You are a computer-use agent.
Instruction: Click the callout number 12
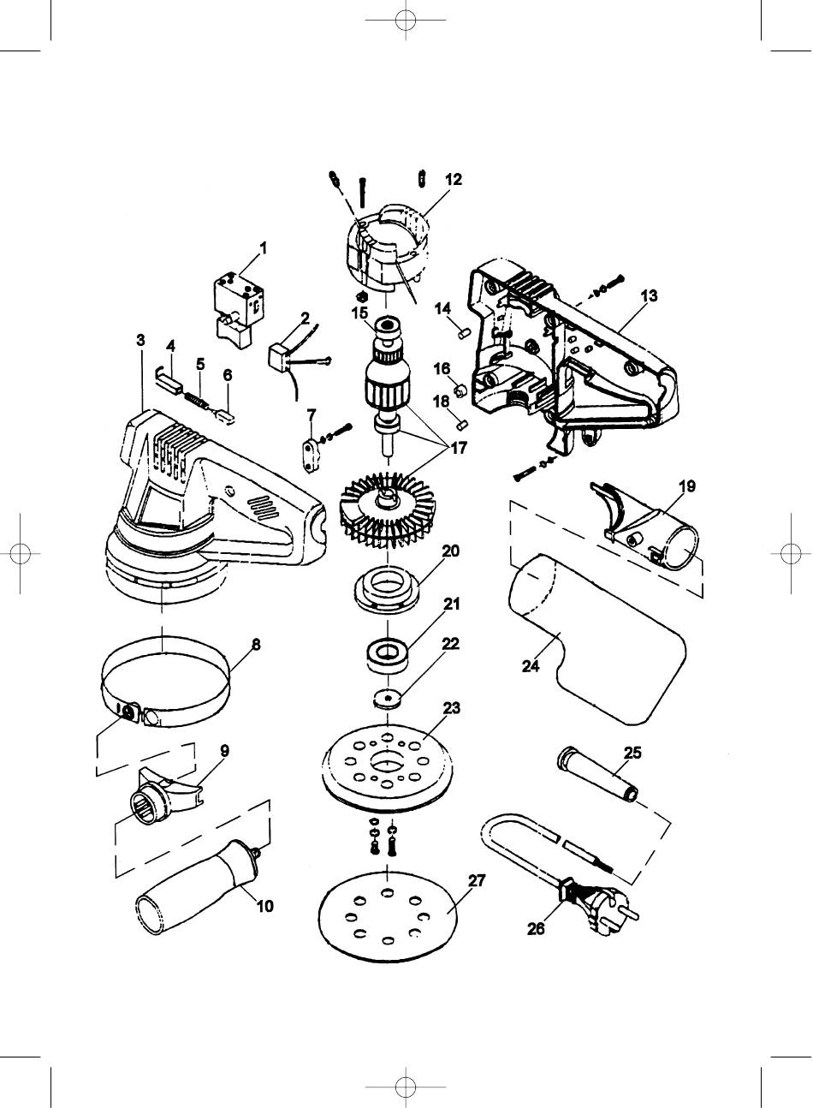pyautogui.click(x=454, y=180)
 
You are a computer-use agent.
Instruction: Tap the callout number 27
pyautogui.click(x=477, y=880)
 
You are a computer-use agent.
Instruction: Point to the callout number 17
pyautogui.click(x=458, y=448)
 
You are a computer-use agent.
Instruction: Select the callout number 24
pyautogui.click(x=531, y=666)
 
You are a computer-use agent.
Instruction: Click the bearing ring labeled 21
pyautogui.click(x=387, y=655)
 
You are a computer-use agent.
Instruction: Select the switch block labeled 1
pyautogui.click(x=240, y=310)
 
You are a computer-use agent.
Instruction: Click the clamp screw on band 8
pyautogui.click(x=129, y=712)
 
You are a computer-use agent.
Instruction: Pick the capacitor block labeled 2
pyautogui.click(x=281, y=358)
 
